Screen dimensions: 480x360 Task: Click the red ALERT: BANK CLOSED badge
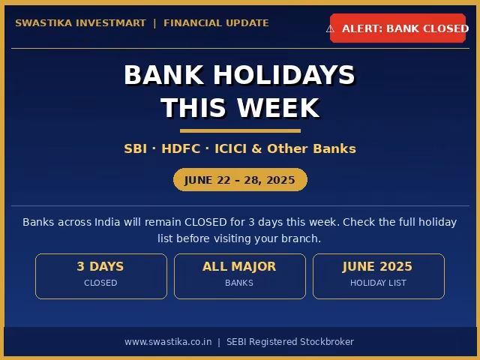tap(397, 28)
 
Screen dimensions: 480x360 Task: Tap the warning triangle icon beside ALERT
tap(330, 28)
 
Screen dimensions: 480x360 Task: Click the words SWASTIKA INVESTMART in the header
tap(80, 23)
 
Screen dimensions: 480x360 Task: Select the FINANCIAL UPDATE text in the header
tap(216, 23)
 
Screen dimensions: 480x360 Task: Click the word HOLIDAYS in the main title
tap(283, 75)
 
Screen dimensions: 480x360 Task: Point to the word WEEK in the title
tap(278, 108)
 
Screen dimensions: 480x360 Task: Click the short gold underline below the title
tap(240, 131)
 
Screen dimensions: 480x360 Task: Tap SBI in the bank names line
tap(135, 148)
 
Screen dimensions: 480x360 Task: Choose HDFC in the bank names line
tap(181, 148)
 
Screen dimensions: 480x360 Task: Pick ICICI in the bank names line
tap(230, 148)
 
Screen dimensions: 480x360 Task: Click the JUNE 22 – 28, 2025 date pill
tap(240, 180)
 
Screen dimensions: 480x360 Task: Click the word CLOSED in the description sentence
tap(205, 222)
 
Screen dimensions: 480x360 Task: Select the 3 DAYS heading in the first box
tap(100, 266)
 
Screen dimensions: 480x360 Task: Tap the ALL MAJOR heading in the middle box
tap(239, 266)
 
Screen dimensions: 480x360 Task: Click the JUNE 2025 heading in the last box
tap(378, 266)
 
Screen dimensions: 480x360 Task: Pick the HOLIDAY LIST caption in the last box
tap(378, 283)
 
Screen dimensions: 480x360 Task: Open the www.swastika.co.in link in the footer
tap(168, 342)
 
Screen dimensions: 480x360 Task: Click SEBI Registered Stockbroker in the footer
tap(290, 342)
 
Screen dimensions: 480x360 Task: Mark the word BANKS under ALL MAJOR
tap(239, 283)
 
